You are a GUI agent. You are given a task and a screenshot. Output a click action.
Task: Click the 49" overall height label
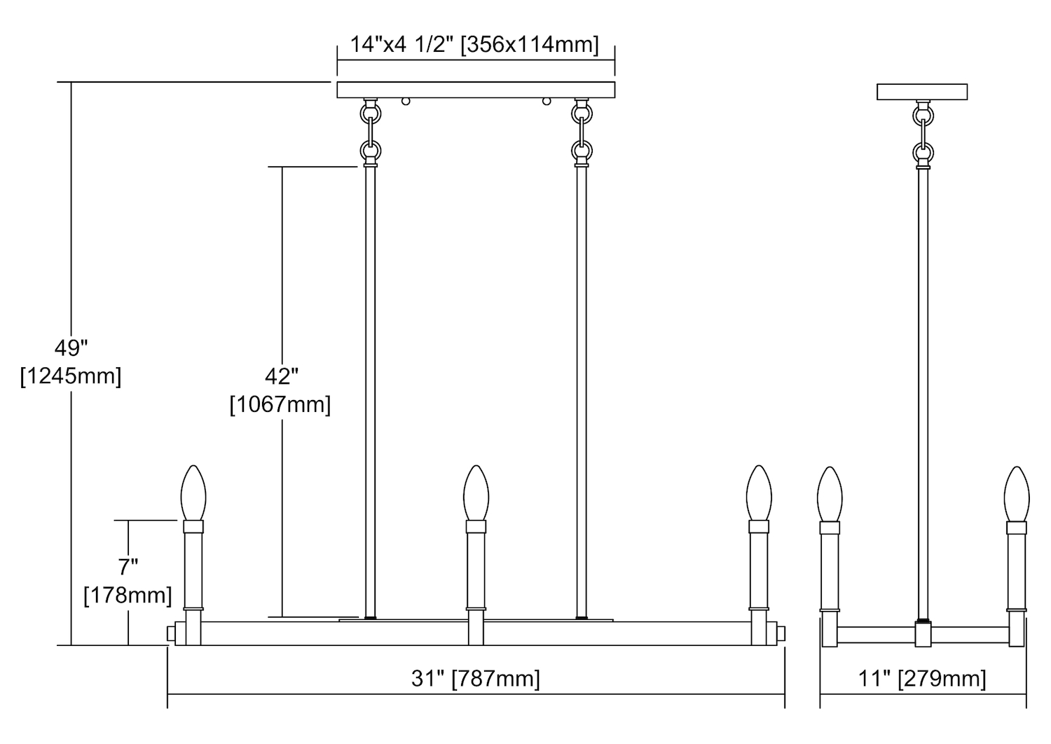click(x=71, y=349)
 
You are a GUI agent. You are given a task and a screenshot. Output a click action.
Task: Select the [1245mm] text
click(x=71, y=376)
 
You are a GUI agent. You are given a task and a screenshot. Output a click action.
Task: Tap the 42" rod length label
click(x=282, y=377)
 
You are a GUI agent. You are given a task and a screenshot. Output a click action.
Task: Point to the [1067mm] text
click(x=280, y=404)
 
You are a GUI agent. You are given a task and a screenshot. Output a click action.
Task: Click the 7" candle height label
click(x=128, y=567)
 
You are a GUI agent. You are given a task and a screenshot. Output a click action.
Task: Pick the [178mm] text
click(x=128, y=595)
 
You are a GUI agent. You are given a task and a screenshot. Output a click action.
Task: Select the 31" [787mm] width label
click(x=476, y=679)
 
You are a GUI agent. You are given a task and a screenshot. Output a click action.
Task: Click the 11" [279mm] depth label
click(x=923, y=679)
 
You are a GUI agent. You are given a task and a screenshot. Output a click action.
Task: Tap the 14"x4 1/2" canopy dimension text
click(x=401, y=45)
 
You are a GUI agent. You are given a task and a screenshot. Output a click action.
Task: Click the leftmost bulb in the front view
click(x=193, y=492)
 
